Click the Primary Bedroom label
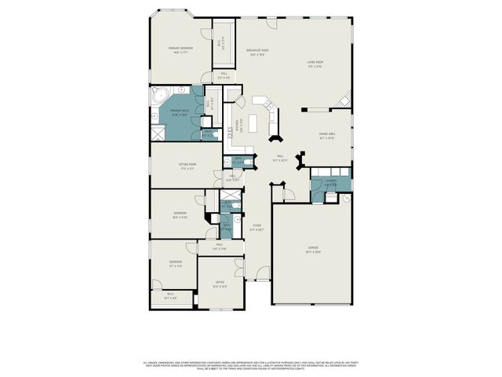180,49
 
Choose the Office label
220,285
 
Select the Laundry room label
330,184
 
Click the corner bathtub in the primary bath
159,97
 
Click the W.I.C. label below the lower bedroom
170,298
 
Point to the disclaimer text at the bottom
251,365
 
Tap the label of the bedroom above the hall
180,214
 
